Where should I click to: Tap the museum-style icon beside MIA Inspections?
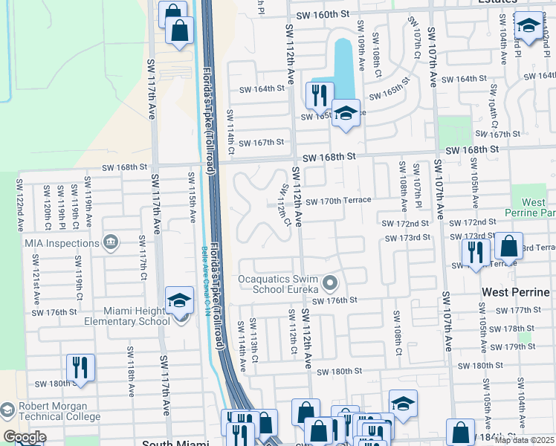[x=111, y=242]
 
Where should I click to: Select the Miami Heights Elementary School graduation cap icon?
[x=179, y=300]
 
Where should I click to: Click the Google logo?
[x=24, y=437]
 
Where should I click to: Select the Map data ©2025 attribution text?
[x=523, y=440]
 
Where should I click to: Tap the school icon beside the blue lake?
[x=346, y=113]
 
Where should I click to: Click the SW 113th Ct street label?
[x=253, y=340]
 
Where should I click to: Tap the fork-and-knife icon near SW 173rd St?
[x=475, y=253]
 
